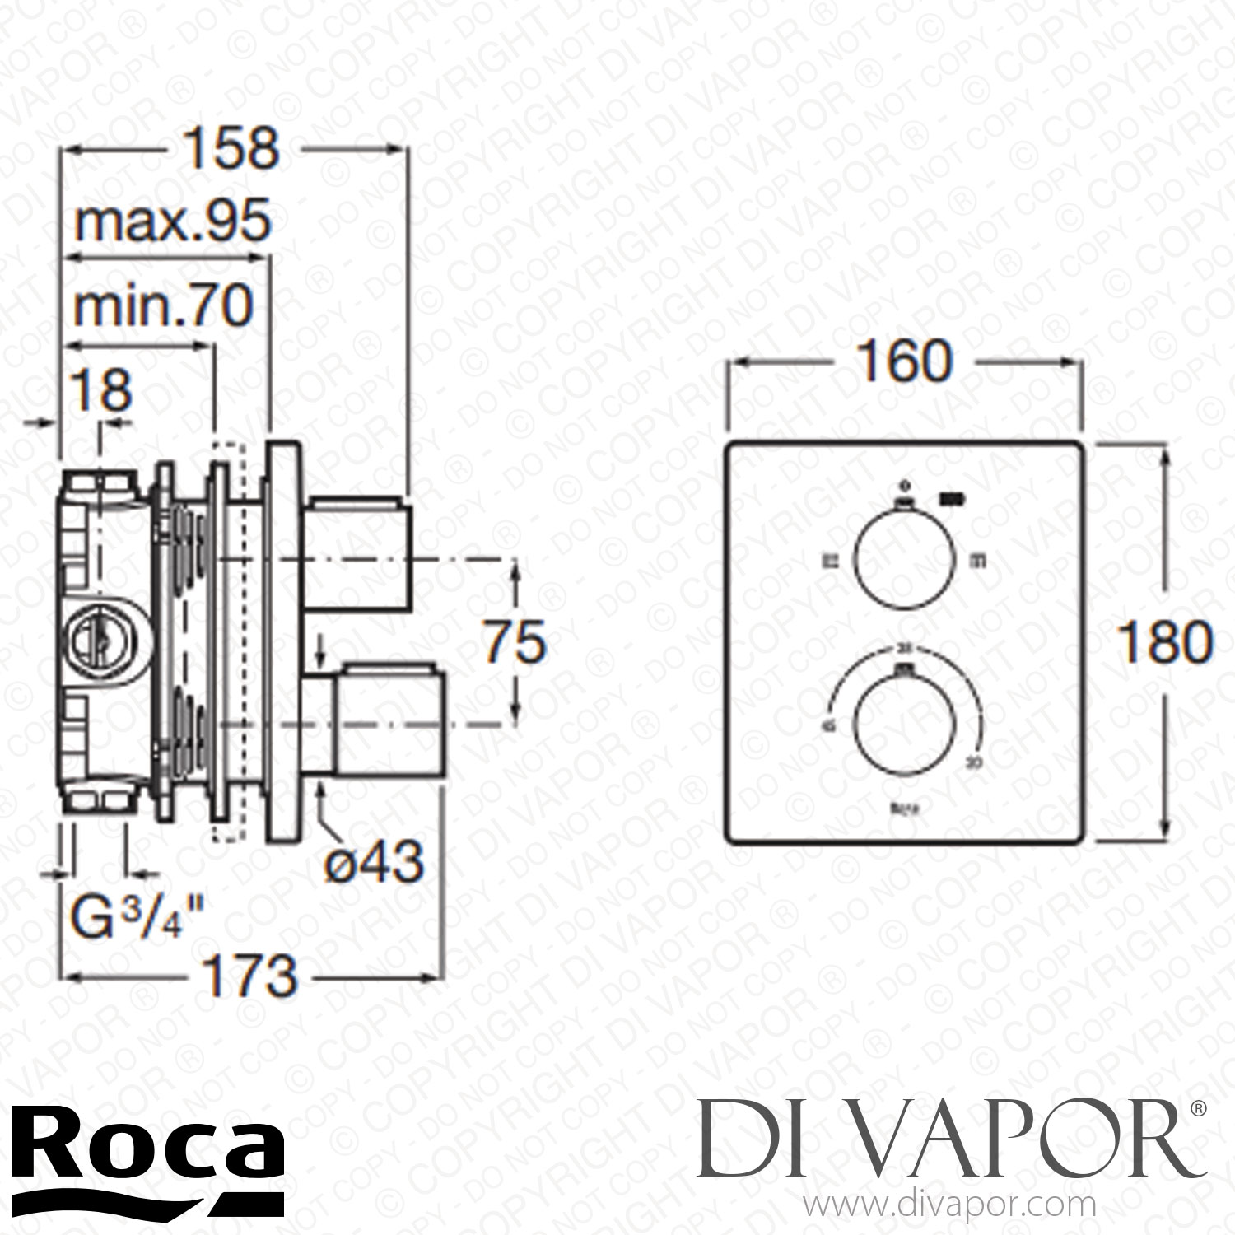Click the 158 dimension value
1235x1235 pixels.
pos(231,149)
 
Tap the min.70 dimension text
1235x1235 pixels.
pos(163,307)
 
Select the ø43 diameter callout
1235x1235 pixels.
pos(373,861)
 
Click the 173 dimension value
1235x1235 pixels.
pos(249,976)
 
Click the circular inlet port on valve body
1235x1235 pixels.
pos(96,638)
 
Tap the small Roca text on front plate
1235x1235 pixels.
pos(904,809)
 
